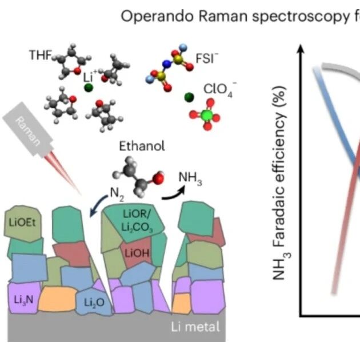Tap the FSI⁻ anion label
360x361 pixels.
pyautogui.click(x=207, y=58)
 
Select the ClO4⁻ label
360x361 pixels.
pyautogui.click(x=220, y=89)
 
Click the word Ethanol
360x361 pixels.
pyautogui.click(x=142, y=146)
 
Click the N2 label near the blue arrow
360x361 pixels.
pyautogui.click(x=117, y=195)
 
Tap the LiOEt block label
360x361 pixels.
pyautogui.click(x=22, y=223)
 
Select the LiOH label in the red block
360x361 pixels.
pyautogui.click(x=137, y=253)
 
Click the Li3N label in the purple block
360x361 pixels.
pyautogui.click(x=23, y=300)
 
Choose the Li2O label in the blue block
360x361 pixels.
pyautogui.click(x=94, y=302)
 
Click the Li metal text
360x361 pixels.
pyautogui.click(x=195, y=327)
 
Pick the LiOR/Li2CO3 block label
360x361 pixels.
pyautogui.click(x=137, y=221)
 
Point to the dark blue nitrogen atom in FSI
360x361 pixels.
pyautogui.click(x=167, y=64)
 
